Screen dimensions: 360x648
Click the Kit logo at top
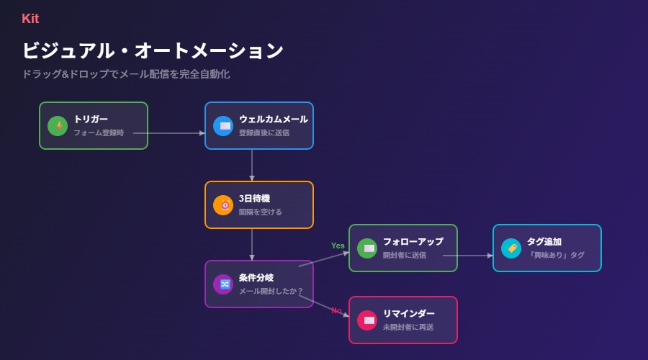pos(30,19)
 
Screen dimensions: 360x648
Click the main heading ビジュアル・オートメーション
pos(153,50)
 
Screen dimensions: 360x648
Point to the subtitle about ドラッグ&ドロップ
pos(126,74)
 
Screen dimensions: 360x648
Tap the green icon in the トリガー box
pos(58,126)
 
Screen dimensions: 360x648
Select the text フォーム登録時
pos(99,133)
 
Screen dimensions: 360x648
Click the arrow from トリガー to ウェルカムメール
pos(169,133)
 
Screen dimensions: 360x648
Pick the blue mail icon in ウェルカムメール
pos(223,126)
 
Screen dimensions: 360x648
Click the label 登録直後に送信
pos(264,133)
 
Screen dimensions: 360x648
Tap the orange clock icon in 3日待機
pos(223,205)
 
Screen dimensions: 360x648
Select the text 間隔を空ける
pos(261,212)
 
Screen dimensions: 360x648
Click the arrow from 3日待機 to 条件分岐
pos(252,245)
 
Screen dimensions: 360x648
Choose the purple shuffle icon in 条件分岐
pos(223,284)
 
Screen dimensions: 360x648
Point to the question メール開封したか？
pos(271,292)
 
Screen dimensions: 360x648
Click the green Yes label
pos(338,246)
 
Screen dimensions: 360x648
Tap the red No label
pos(336,310)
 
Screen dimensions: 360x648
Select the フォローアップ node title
pos(413,242)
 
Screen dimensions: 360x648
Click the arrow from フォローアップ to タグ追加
pos(468,256)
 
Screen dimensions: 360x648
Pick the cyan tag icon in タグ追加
pos(511,248)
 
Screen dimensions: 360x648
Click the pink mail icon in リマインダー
pos(367,320)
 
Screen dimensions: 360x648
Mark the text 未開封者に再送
pos(408,328)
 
